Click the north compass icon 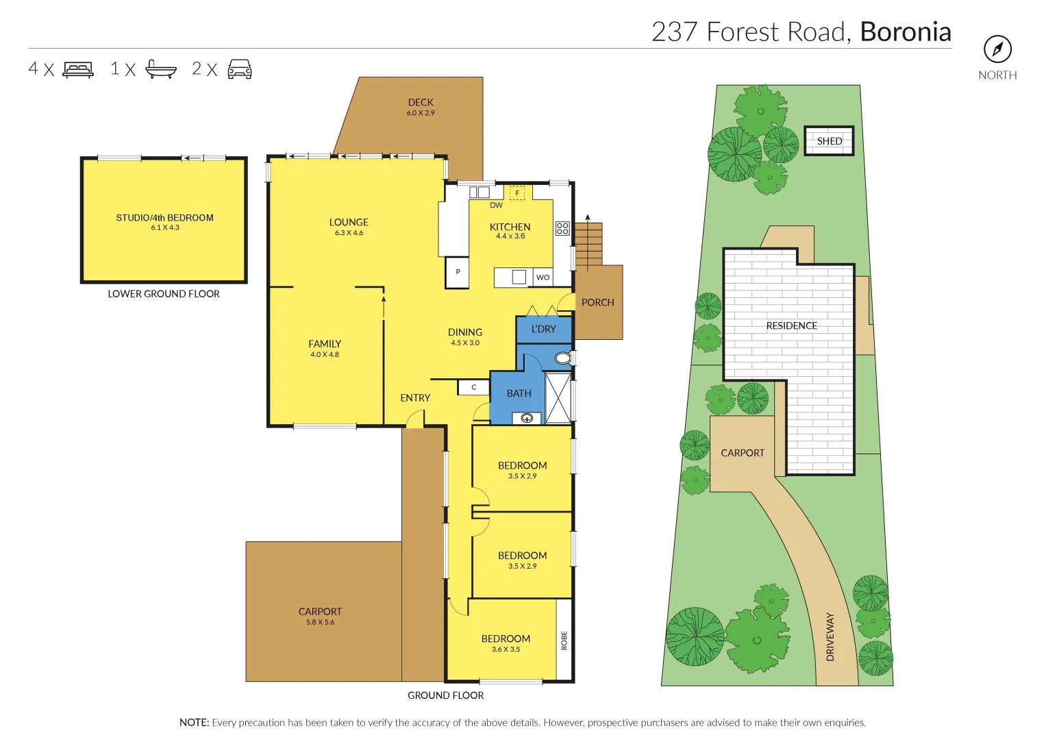pos(997,49)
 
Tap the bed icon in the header pos(78,69)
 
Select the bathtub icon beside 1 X pos(161,69)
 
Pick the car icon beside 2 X pos(239,69)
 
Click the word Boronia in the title pos(906,32)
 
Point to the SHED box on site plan pos(829,141)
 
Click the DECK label pos(421,103)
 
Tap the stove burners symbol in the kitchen pos(562,228)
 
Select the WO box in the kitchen pos(543,277)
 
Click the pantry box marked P pos(458,272)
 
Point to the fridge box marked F pos(517,193)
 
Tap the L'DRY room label pos(544,329)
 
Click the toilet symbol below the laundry pos(562,358)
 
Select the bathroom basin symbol pos(527,418)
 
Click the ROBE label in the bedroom pos(564,641)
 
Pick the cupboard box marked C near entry pos(473,388)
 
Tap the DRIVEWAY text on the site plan pos(830,637)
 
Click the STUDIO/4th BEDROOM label pos(164,218)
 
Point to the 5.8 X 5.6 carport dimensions pos(320,622)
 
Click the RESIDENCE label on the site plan pos(791,326)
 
